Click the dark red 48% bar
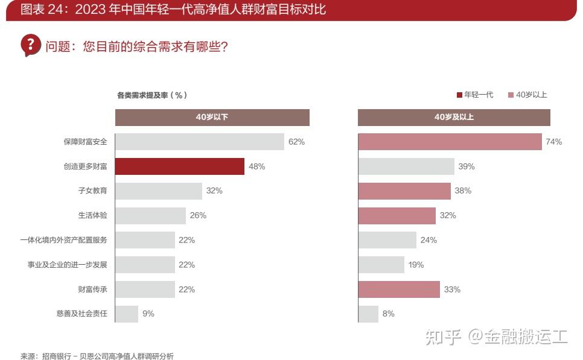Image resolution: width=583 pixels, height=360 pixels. click(180, 166)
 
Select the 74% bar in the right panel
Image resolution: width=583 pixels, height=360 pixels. click(450, 142)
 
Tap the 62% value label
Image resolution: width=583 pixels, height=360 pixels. click(296, 142)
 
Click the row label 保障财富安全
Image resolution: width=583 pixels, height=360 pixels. click(85, 142)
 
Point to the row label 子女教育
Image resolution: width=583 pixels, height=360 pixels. click(93, 191)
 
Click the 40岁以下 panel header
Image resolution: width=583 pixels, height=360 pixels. click(212, 117)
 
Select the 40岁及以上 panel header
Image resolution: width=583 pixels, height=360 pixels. click(454, 117)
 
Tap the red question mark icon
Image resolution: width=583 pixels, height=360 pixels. click(30, 45)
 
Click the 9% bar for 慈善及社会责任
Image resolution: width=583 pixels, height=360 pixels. click(127, 314)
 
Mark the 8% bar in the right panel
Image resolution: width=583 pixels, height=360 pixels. click(368, 314)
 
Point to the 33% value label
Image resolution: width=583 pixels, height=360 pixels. click(452, 289)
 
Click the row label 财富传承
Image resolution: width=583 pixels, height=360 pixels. click(93, 289)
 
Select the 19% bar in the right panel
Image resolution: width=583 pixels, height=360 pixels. click(381, 265)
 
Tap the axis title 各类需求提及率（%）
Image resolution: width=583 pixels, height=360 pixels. click(152, 95)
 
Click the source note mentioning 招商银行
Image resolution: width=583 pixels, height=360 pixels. click(97, 356)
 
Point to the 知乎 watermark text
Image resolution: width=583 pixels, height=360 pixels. click(444, 336)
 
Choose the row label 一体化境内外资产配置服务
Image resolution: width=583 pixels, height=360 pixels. click(63, 240)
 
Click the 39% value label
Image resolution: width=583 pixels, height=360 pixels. click(467, 166)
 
